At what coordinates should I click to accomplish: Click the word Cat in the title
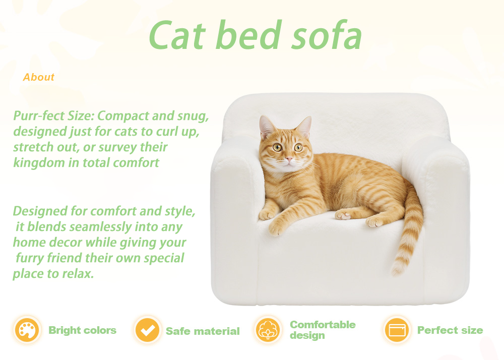177,35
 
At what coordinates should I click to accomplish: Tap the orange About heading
39,77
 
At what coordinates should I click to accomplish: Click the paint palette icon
27,330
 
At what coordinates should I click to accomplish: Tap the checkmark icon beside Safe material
147,330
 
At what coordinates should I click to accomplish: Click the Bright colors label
82,330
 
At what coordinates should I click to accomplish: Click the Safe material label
203,331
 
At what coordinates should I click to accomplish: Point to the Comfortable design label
323,330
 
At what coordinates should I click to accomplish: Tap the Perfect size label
450,330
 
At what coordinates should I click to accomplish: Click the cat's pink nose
289,159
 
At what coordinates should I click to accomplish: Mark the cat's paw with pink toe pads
343,215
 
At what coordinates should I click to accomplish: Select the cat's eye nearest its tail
298,148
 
